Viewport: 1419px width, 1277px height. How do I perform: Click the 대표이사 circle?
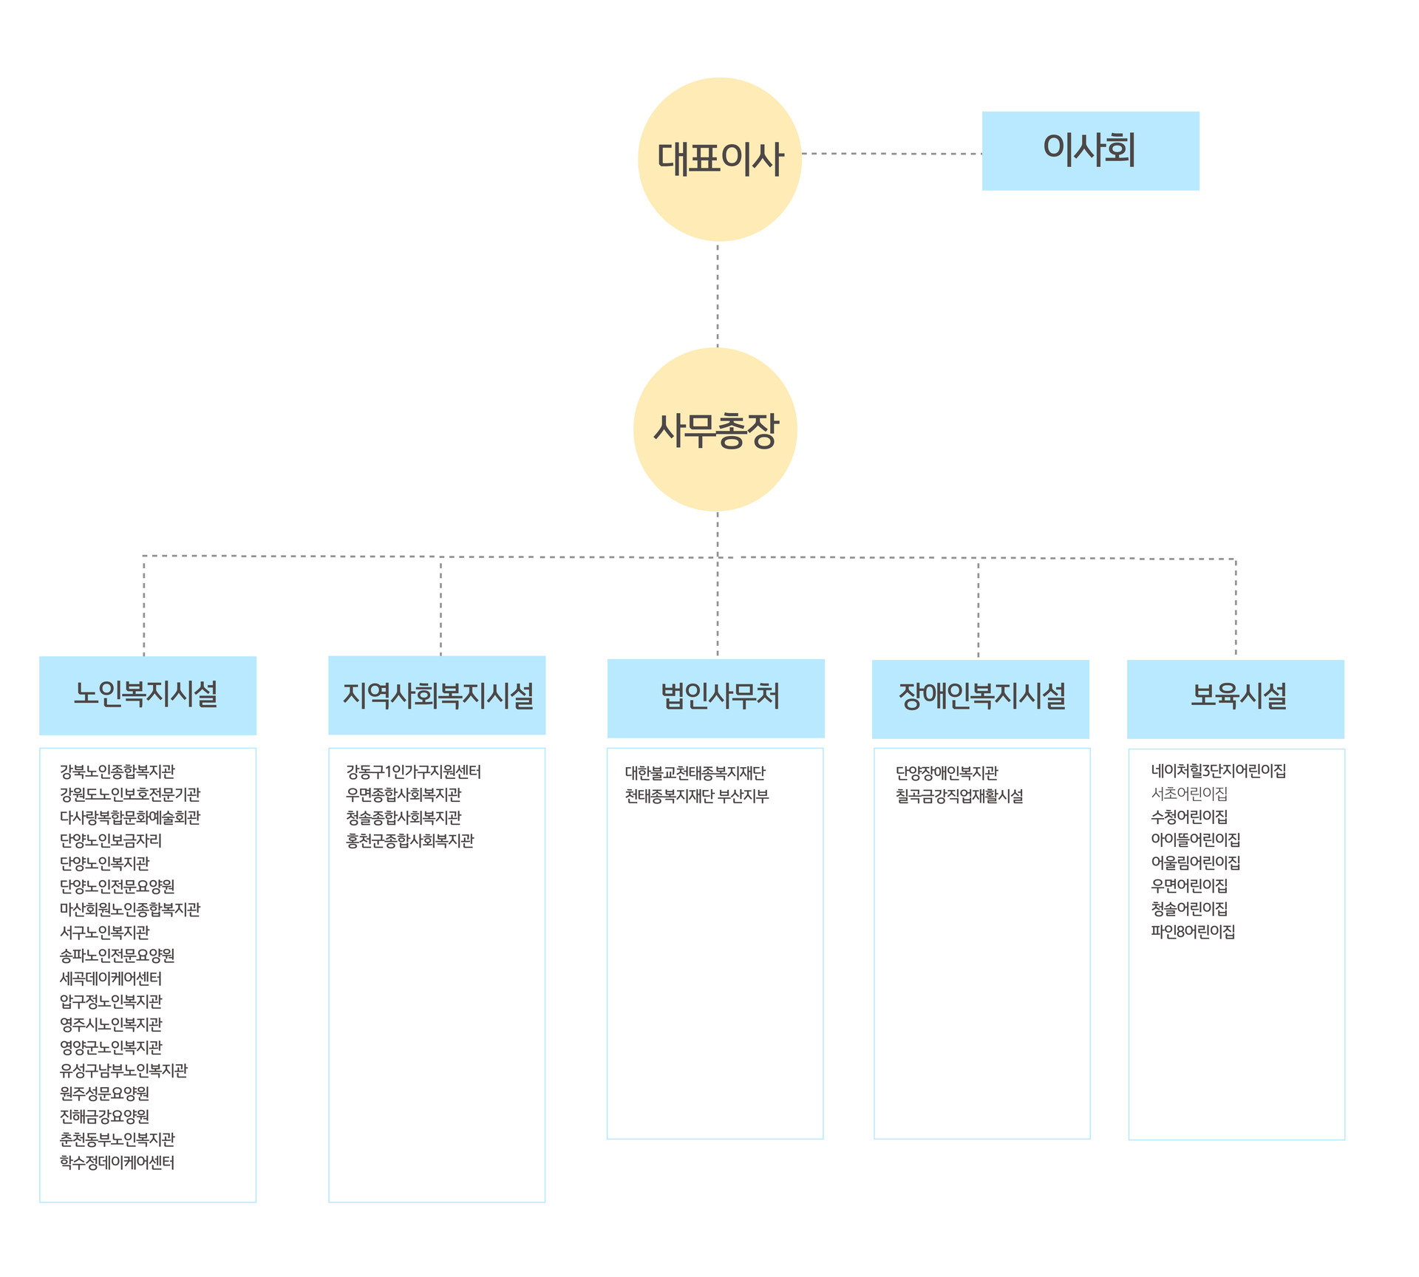tap(719, 159)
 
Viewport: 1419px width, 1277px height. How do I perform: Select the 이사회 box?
tap(1090, 151)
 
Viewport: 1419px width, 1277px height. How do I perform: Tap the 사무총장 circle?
tap(715, 429)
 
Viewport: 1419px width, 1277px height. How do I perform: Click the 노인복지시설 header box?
tap(148, 695)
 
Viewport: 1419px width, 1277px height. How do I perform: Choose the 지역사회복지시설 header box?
tap(437, 695)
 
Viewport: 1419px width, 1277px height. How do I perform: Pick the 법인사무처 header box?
tap(715, 698)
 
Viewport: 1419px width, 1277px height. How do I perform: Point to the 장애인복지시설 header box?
tap(981, 699)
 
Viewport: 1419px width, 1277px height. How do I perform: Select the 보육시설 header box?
tap(1236, 699)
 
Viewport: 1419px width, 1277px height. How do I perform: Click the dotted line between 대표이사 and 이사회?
tap(892, 154)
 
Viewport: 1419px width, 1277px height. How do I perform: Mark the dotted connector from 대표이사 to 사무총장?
tap(718, 295)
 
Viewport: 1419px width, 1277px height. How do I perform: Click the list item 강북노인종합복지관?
tap(118, 772)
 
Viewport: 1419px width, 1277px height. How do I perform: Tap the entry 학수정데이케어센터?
tap(118, 1162)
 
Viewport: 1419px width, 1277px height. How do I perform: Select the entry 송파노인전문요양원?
tap(118, 956)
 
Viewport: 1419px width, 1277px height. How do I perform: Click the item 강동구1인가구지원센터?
tap(414, 772)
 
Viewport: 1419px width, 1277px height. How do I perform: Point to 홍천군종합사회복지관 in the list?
tap(410, 840)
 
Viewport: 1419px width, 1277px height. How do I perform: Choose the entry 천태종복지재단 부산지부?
tap(697, 796)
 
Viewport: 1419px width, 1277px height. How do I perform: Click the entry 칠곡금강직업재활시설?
tap(959, 796)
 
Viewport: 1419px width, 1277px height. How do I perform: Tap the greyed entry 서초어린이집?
tap(1189, 794)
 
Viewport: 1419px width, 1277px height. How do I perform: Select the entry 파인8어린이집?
tap(1193, 931)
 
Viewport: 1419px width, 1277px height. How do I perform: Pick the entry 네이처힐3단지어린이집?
tap(1219, 771)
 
